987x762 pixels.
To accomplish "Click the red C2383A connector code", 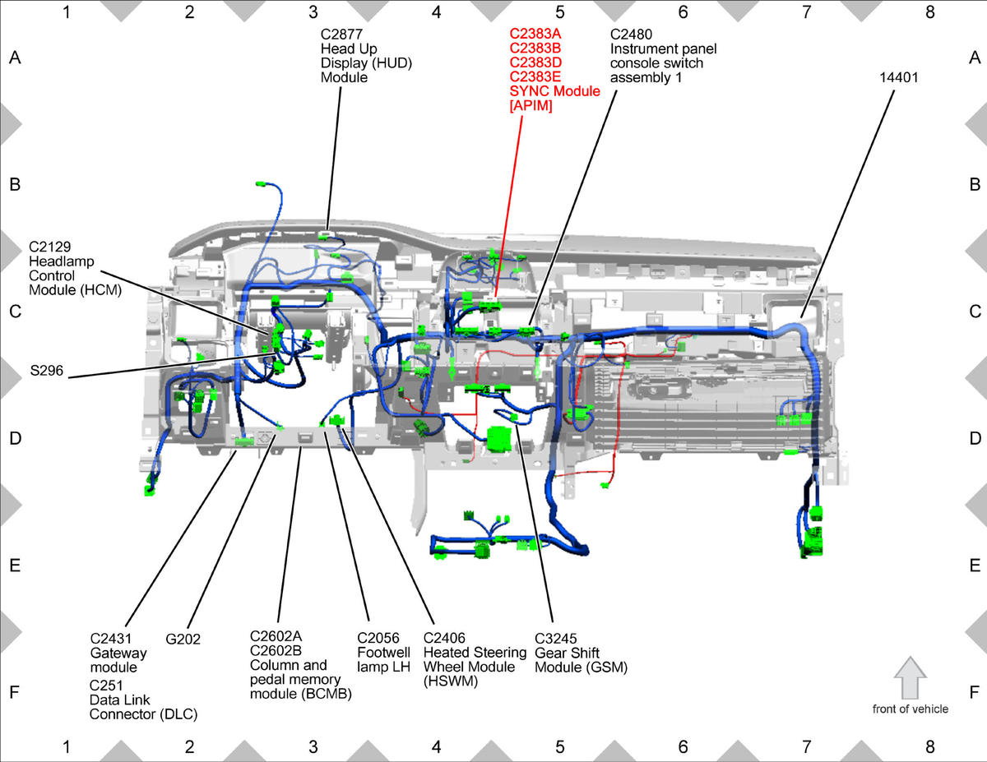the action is (x=535, y=34).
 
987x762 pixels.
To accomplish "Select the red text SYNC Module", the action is (x=554, y=91).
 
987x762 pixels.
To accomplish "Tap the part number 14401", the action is (x=898, y=77).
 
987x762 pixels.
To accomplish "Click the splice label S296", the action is (x=47, y=371).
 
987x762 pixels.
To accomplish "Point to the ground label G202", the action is (x=183, y=639).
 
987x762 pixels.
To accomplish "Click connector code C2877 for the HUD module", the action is (x=341, y=35).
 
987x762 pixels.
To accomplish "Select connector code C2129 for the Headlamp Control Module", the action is (x=50, y=247).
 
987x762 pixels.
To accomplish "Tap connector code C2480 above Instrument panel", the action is (x=631, y=35).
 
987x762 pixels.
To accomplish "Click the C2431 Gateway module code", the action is (x=111, y=639).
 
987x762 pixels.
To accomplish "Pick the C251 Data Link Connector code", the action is (x=106, y=686).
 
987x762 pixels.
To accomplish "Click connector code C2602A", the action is (x=276, y=636).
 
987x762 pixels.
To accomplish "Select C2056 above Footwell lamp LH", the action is (x=378, y=638).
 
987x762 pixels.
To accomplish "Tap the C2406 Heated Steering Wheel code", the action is (x=444, y=638).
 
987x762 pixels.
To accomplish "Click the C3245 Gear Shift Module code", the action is (x=555, y=639).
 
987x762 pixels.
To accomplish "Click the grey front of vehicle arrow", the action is (x=911, y=678).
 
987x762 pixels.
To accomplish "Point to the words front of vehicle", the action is (x=911, y=709).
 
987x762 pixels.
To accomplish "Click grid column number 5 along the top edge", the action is (x=559, y=12).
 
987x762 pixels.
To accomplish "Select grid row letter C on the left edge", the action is (x=15, y=312).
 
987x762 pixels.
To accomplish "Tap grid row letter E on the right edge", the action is (x=975, y=566).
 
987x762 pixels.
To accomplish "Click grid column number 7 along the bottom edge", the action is (x=806, y=746).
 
